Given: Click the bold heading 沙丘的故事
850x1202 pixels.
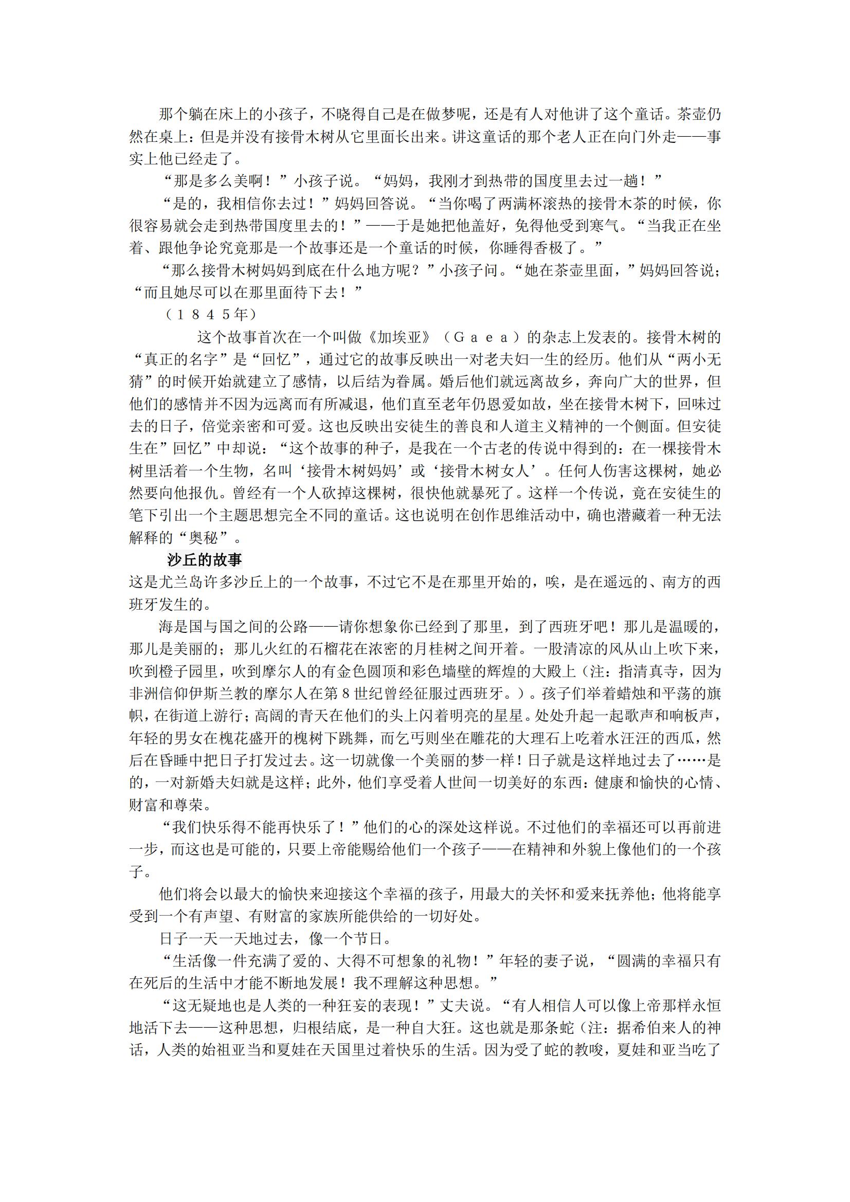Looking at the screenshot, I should pyautogui.click(x=204, y=560).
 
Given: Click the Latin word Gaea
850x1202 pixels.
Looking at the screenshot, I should pyautogui.click(x=481, y=337).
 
